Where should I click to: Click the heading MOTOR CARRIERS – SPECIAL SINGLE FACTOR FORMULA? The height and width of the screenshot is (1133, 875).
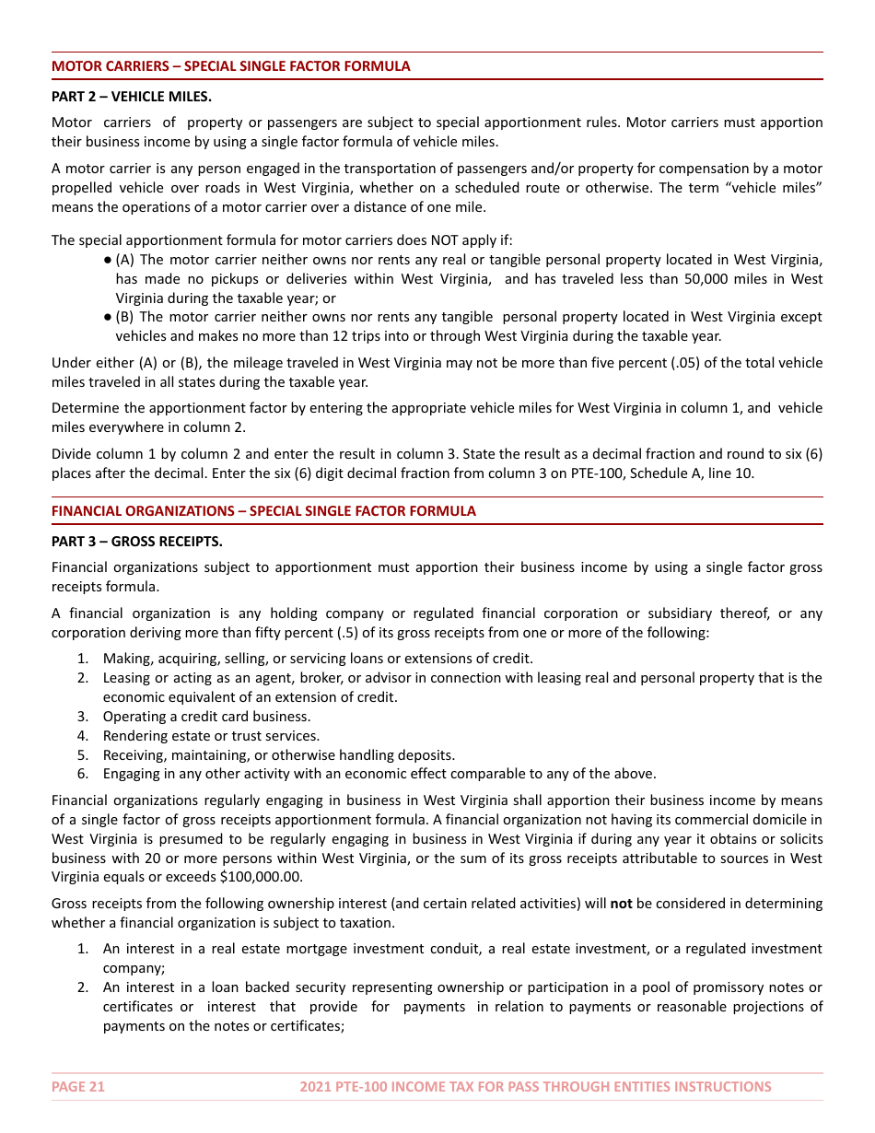[x=230, y=66]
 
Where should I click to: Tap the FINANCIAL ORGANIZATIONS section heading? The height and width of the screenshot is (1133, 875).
[x=263, y=511]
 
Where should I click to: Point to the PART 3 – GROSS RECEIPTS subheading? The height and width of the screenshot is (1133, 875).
[x=136, y=541]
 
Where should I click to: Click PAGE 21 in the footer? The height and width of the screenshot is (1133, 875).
[x=78, y=1087]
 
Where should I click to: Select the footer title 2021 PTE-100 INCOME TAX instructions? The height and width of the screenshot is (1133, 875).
[x=535, y=1087]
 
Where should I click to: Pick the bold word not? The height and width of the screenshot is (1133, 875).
[x=621, y=904]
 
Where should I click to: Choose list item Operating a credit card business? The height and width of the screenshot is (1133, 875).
[x=206, y=717]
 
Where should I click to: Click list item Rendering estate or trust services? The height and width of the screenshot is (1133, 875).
[x=211, y=736]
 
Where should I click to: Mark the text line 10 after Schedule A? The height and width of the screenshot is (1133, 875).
[x=734, y=473]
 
